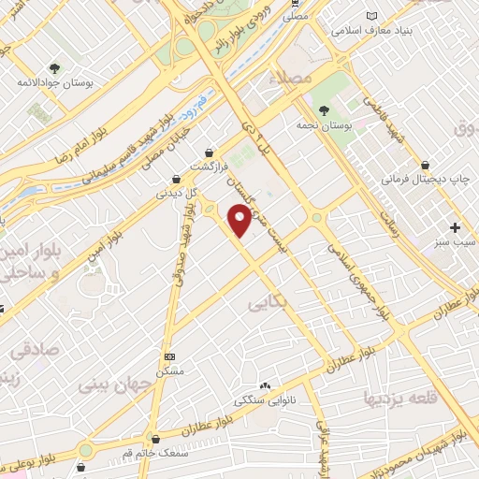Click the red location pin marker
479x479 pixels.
pos(240,221)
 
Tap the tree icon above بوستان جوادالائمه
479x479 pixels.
pos(54,67)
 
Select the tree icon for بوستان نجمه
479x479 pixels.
pos(324,109)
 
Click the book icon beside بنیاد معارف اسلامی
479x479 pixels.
pos(373,17)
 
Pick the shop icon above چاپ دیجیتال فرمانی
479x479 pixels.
pos(426,164)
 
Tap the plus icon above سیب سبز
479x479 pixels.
pos(456,227)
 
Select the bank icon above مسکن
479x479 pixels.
pos(169,356)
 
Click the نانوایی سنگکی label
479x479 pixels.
pos(265,399)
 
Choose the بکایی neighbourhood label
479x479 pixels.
pos(268,304)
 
